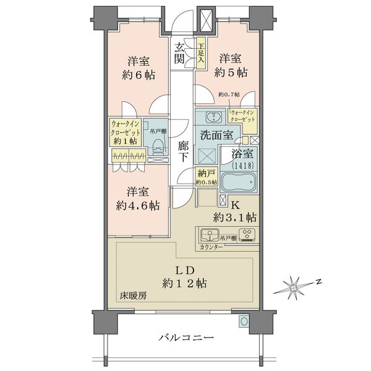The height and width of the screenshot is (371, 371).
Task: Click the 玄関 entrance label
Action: (x=180, y=53)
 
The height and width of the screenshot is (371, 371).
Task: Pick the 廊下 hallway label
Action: (x=183, y=151)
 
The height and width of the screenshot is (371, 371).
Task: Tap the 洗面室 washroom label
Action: (x=216, y=134)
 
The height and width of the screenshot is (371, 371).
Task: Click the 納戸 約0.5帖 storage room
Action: (x=205, y=177)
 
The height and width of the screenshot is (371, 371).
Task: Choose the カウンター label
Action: (x=212, y=247)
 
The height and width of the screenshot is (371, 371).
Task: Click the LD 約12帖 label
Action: (x=185, y=276)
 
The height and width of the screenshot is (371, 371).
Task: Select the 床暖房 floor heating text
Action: (x=134, y=296)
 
